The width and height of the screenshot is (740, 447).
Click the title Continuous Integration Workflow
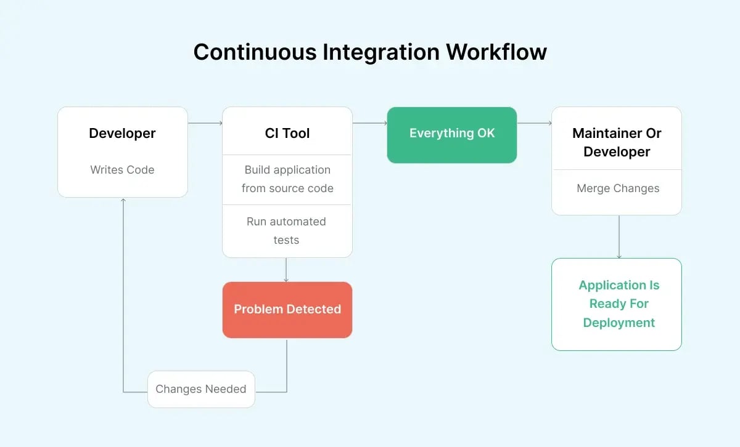[x=370, y=52]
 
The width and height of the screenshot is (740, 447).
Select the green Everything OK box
[x=451, y=134]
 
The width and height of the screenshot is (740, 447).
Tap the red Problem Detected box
[x=287, y=310]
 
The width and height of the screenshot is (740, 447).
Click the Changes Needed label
[x=201, y=389]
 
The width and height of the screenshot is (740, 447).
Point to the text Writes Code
[x=122, y=170]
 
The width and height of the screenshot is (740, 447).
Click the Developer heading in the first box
[x=122, y=134]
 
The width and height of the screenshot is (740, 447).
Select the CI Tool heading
[x=287, y=134]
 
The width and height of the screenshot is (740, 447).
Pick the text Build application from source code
[x=287, y=179]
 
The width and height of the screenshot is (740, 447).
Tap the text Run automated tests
[x=286, y=231]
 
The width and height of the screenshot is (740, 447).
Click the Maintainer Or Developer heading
[x=617, y=142]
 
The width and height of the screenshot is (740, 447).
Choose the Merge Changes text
[x=618, y=188]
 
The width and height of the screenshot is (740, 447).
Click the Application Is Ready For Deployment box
[x=617, y=304]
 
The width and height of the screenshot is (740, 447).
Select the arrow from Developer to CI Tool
[x=205, y=123]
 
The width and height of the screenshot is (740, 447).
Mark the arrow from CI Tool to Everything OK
[x=369, y=123]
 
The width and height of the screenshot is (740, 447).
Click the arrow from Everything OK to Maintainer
[x=534, y=123]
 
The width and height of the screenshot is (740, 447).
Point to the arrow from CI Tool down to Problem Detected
[x=286, y=270]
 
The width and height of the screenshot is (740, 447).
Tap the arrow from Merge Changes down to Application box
[x=619, y=236]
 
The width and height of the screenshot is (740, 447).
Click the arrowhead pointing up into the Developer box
[x=123, y=201]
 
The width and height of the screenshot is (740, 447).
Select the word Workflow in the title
[x=496, y=52]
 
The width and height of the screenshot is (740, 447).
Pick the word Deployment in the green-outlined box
[x=619, y=323]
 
